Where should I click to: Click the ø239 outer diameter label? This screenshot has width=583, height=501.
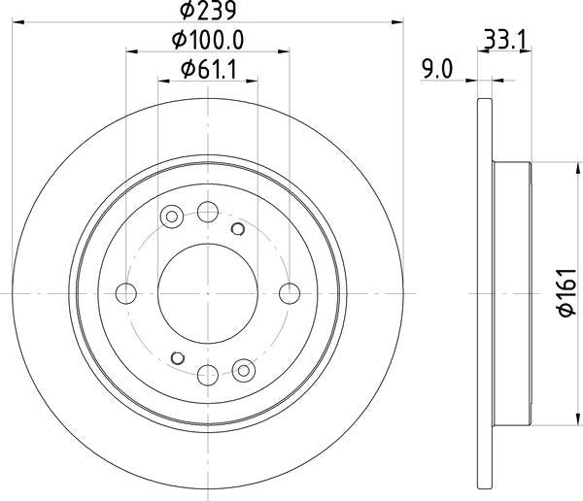[208, 11]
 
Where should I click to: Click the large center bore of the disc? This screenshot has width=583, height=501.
[207, 292]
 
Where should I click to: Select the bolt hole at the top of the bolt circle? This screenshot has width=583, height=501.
[207, 212]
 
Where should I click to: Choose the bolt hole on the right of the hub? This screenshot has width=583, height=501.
[288, 292]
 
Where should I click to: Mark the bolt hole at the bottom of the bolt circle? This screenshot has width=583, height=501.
[207, 373]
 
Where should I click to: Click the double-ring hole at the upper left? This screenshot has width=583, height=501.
[174, 216]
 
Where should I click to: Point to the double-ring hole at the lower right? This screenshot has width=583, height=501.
[242, 368]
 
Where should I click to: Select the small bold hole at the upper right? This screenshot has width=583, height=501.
[237, 228]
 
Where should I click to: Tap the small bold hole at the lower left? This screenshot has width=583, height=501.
[177, 356]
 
